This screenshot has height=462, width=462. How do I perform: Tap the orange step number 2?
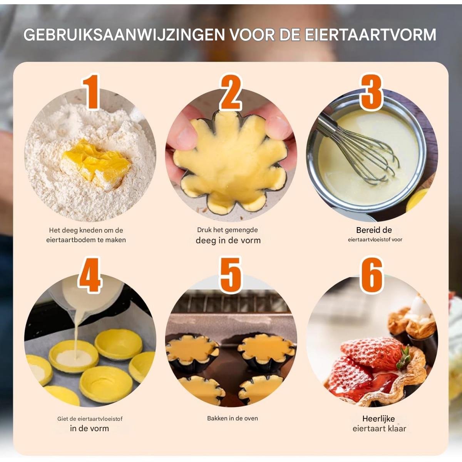231,92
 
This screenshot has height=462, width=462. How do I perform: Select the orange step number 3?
371,92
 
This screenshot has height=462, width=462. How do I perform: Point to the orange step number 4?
90,275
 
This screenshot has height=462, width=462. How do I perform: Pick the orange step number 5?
231,275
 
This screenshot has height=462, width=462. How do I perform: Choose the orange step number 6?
372,275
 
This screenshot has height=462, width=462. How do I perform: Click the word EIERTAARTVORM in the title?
370,35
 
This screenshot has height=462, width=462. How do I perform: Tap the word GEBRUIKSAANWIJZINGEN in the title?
124,35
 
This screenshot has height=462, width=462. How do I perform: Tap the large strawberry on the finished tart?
372,352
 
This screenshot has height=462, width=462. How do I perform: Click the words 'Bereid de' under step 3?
374,230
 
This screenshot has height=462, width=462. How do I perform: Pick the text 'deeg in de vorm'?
228,241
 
